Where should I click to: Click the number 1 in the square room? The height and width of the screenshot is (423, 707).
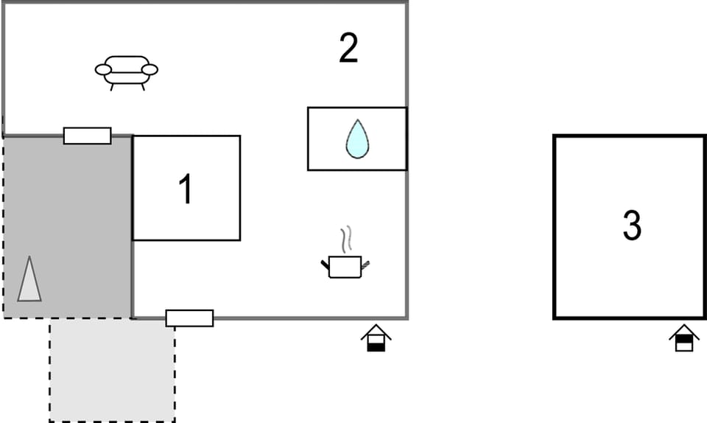tap(186, 189)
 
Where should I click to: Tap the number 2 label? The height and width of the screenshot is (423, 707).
tap(348, 48)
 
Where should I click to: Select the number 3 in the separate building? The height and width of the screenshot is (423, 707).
tap(632, 225)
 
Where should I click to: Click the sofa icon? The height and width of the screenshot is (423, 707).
tap(126, 73)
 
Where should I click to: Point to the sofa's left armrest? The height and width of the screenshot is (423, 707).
tap(103, 69)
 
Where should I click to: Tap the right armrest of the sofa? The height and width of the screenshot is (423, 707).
tap(150, 69)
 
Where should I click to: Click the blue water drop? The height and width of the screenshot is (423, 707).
tap(358, 139)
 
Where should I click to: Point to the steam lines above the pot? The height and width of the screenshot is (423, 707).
tap(346, 239)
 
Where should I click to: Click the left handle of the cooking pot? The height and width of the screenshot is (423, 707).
tap(325, 265)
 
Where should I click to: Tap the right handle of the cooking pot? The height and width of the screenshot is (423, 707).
tap(365, 265)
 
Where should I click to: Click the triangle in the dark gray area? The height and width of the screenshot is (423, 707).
tap(29, 279)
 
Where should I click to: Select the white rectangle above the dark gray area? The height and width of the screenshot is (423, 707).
tap(88, 136)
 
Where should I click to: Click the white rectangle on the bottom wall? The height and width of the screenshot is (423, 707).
tap(189, 318)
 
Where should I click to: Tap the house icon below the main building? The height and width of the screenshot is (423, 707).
tap(376, 338)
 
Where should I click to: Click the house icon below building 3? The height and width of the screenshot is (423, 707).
tap(684, 338)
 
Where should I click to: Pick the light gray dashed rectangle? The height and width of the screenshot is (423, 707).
tap(112, 370)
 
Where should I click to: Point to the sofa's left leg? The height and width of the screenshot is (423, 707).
tap(112, 87)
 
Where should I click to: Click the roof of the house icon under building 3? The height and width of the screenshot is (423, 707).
tap(684, 331)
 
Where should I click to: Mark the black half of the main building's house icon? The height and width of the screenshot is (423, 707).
tap(376, 347)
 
